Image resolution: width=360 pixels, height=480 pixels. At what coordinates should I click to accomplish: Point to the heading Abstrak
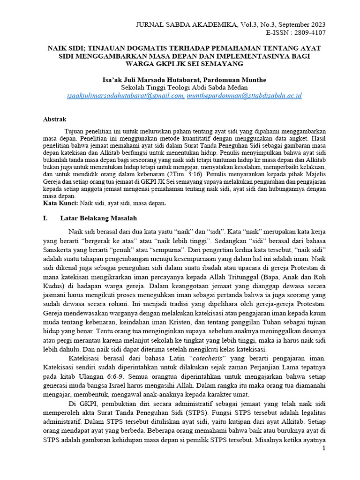(55, 120)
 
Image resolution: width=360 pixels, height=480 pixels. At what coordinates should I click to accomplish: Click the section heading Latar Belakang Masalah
(98, 218)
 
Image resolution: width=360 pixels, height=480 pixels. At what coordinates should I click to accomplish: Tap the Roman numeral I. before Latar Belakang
(45, 218)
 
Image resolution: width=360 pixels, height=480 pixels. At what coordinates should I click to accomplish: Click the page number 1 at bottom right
(323, 449)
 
